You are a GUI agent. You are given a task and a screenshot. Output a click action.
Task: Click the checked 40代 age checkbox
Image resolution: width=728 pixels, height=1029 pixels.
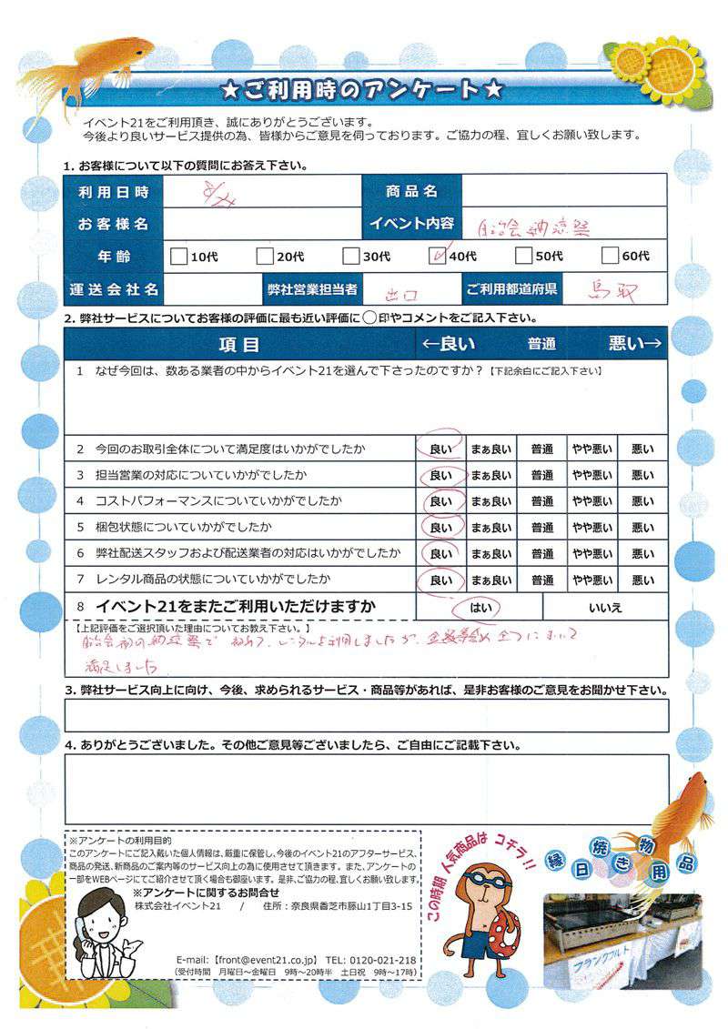(x=436, y=257)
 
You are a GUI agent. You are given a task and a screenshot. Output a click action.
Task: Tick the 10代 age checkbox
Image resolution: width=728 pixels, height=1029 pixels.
(x=178, y=257)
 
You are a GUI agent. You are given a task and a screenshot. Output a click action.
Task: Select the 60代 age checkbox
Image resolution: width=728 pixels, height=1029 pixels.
(x=610, y=257)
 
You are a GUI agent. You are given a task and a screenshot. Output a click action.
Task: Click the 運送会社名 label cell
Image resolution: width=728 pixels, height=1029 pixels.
(x=113, y=290)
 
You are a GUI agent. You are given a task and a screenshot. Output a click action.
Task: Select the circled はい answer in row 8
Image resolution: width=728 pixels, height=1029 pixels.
(x=479, y=606)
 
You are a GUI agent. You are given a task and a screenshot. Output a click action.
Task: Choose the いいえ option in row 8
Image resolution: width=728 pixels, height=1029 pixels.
(x=604, y=606)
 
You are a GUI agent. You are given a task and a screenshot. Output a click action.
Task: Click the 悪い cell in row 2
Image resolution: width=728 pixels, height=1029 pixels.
(x=642, y=449)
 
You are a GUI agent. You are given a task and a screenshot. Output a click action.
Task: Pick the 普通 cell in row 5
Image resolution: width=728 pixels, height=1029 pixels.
(x=542, y=528)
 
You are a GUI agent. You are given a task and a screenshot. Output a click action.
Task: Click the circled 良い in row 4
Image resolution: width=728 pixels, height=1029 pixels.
(x=440, y=501)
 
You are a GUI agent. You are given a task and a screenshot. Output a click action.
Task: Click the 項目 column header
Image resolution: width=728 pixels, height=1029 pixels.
(x=239, y=344)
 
